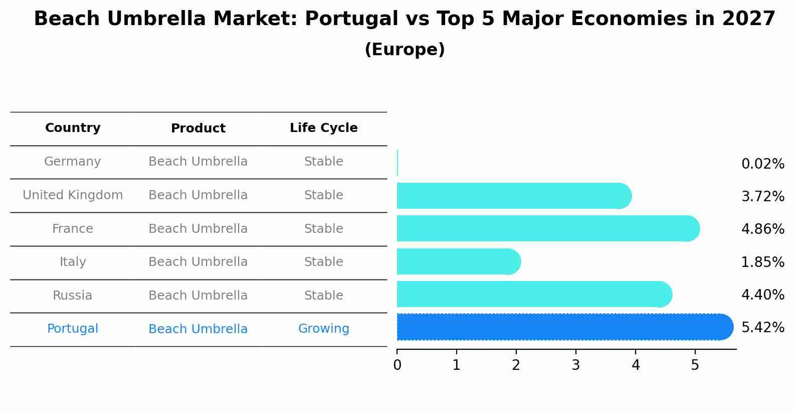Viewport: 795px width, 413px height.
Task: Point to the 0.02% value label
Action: pyautogui.click(x=762, y=164)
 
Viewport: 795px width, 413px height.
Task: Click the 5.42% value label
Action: pyautogui.click(x=762, y=328)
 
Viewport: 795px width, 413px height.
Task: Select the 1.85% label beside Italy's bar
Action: pyautogui.click(x=762, y=262)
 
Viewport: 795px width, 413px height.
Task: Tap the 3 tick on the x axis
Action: pyautogui.click(x=575, y=365)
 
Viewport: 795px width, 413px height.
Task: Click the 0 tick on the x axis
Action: pyautogui.click(x=397, y=365)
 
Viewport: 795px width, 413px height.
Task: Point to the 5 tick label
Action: pyautogui.click(x=695, y=365)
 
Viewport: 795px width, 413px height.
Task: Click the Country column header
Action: pyautogui.click(x=73, y=128)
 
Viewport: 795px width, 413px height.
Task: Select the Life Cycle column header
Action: pyautogui.click(x=323, y=128)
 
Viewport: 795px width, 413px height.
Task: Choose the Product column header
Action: pyautogui.click(x=198, y=128)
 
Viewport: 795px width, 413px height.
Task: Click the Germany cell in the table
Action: pyautogui.click(x=73, y=162)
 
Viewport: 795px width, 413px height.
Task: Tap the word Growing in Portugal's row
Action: pyautogui.click(x=323, y=329)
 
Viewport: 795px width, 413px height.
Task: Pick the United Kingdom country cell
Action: pyautogui.click(x=73, y=195)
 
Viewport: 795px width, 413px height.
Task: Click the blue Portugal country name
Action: pyautogui.click(x=73, y=329)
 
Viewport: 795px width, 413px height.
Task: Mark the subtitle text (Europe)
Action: pyautogui.click(x=405, y=50)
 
